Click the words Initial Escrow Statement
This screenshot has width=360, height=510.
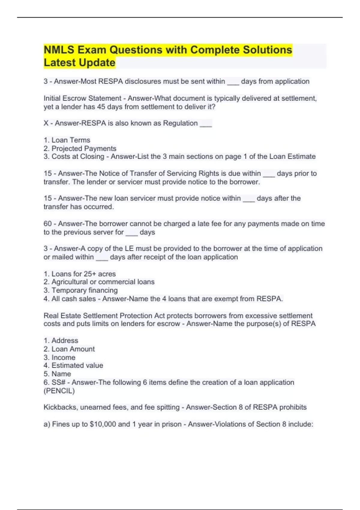coord(82,98)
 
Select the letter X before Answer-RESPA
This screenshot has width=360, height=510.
coord(46,123)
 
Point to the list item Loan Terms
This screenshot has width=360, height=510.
coord(71,140)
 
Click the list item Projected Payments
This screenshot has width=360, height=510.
coord(84,148)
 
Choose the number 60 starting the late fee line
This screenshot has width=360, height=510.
coord(48,224)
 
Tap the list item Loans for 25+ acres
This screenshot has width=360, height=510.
coord(83,274)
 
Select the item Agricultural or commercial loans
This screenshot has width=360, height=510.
coord(103,282)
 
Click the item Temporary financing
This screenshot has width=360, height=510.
coord(84,290)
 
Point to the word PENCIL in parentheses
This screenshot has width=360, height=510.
coord(59,391)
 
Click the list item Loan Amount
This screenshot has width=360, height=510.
coord(73,349)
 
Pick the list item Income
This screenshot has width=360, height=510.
coord(63,358)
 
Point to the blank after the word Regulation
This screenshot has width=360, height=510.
coord(206,124)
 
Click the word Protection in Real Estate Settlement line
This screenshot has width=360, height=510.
coord(136,316)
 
